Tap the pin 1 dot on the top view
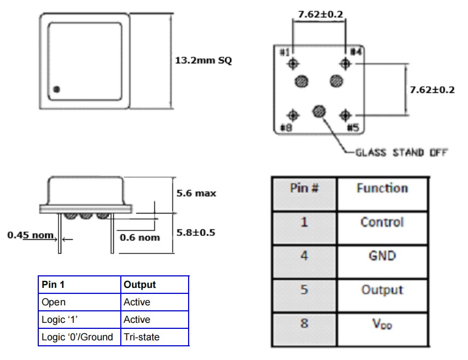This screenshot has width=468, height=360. [57, 89]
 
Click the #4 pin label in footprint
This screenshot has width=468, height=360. [355, 52]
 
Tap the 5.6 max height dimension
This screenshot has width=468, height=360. [196, 193]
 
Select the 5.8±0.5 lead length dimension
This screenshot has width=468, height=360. [196, 232]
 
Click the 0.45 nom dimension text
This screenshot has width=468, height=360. [31, 235]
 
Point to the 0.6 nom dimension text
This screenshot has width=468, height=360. [139, 238]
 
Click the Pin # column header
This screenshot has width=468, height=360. [305, 188]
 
